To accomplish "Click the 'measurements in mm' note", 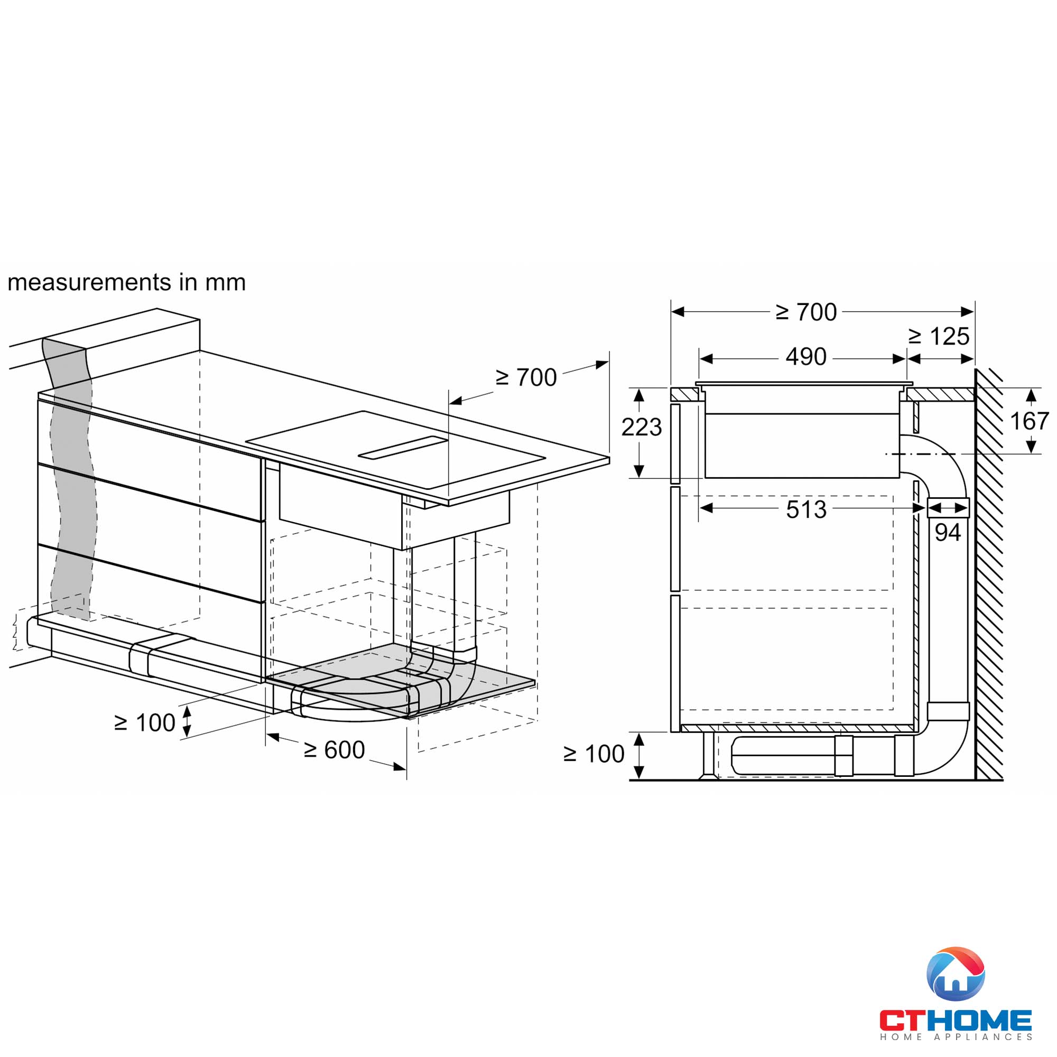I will [x=126, y=283].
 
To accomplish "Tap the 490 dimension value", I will [x=805, y=357].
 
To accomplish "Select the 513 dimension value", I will [x=806, y=510].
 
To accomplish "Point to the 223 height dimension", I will [x=641, y=427].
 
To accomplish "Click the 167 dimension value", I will [x=1029, y=421].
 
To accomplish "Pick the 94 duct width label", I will [x=948, y=532].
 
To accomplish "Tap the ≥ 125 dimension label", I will [x=939, y=337].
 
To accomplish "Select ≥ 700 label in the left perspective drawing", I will [x=526, y=377].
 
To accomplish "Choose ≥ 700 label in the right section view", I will [x=806, y=312].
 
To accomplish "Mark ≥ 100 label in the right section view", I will [x=594, y=754].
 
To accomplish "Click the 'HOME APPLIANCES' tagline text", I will [x=955, y=1037].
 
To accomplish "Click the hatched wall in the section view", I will [x=989, y=574].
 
